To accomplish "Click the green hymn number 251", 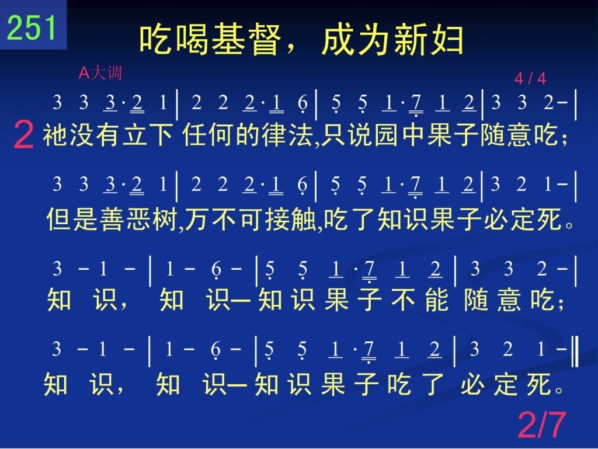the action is [32, 27].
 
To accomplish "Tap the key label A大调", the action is [100, 72].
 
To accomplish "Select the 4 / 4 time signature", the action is [530, 78].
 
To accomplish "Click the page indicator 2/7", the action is [541, 424].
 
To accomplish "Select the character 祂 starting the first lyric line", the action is [55, 135].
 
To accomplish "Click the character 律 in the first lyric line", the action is [274, 135].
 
